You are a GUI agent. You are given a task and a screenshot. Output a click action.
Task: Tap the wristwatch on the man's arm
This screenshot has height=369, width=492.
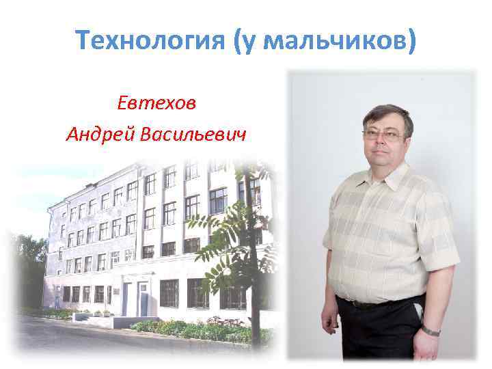point(430,331)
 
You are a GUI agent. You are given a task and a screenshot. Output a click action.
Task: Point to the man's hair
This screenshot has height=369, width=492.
point(387,115)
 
